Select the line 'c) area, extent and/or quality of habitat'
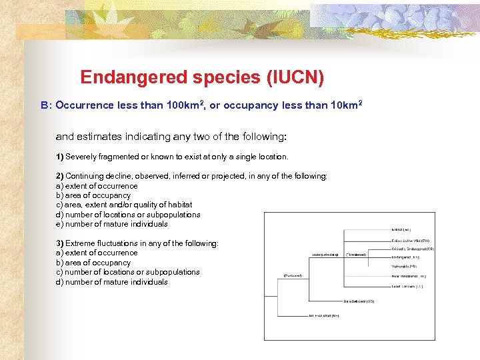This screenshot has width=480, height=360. click(x=124, y=205)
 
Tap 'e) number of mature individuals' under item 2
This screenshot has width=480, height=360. click(x=112, y=224)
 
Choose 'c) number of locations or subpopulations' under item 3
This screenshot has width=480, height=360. click(x=127, y=272)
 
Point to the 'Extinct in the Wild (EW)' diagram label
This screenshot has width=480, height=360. click(x=410, y=240)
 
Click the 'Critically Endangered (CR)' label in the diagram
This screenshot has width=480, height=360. click(x=413, y=249)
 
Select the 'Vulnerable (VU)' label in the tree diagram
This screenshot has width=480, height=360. click(x=404, y=266)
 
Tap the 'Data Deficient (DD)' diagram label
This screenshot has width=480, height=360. click(x=359, y=301)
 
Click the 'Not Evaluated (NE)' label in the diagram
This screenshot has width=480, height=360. click(x=323, y=315)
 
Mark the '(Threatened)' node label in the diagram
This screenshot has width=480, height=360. click(x=356, y=254)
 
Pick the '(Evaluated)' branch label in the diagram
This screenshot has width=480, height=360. click(x=293, y=275)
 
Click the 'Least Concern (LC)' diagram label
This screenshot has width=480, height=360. click(x=407, y=286)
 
